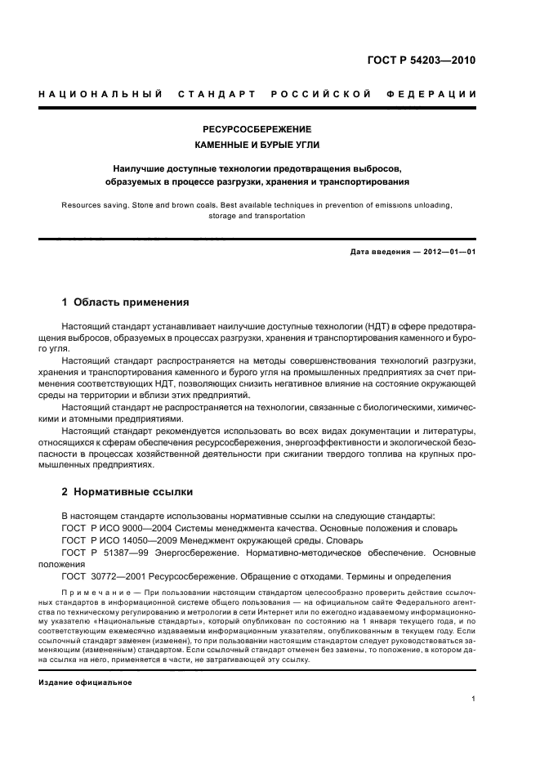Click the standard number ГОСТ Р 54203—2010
(x=426, y=61)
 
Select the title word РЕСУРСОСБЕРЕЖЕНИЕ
(x=257, y=129)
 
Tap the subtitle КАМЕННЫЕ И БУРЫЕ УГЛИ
(x=257, y=145)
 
